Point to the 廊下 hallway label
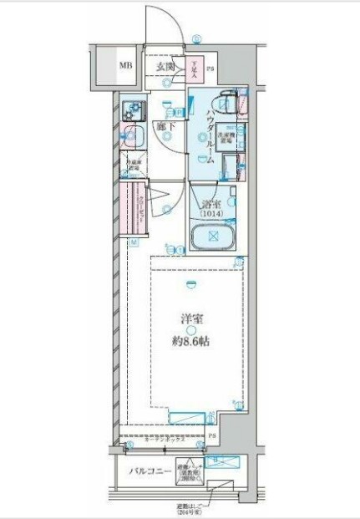click(165, 127)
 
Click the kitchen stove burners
click(131, 108)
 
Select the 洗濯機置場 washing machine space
click(226, 137)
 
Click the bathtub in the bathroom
click(213, 237)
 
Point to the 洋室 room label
click(192, 318)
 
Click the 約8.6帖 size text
click(192, 340)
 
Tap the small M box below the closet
click(134, 243)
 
